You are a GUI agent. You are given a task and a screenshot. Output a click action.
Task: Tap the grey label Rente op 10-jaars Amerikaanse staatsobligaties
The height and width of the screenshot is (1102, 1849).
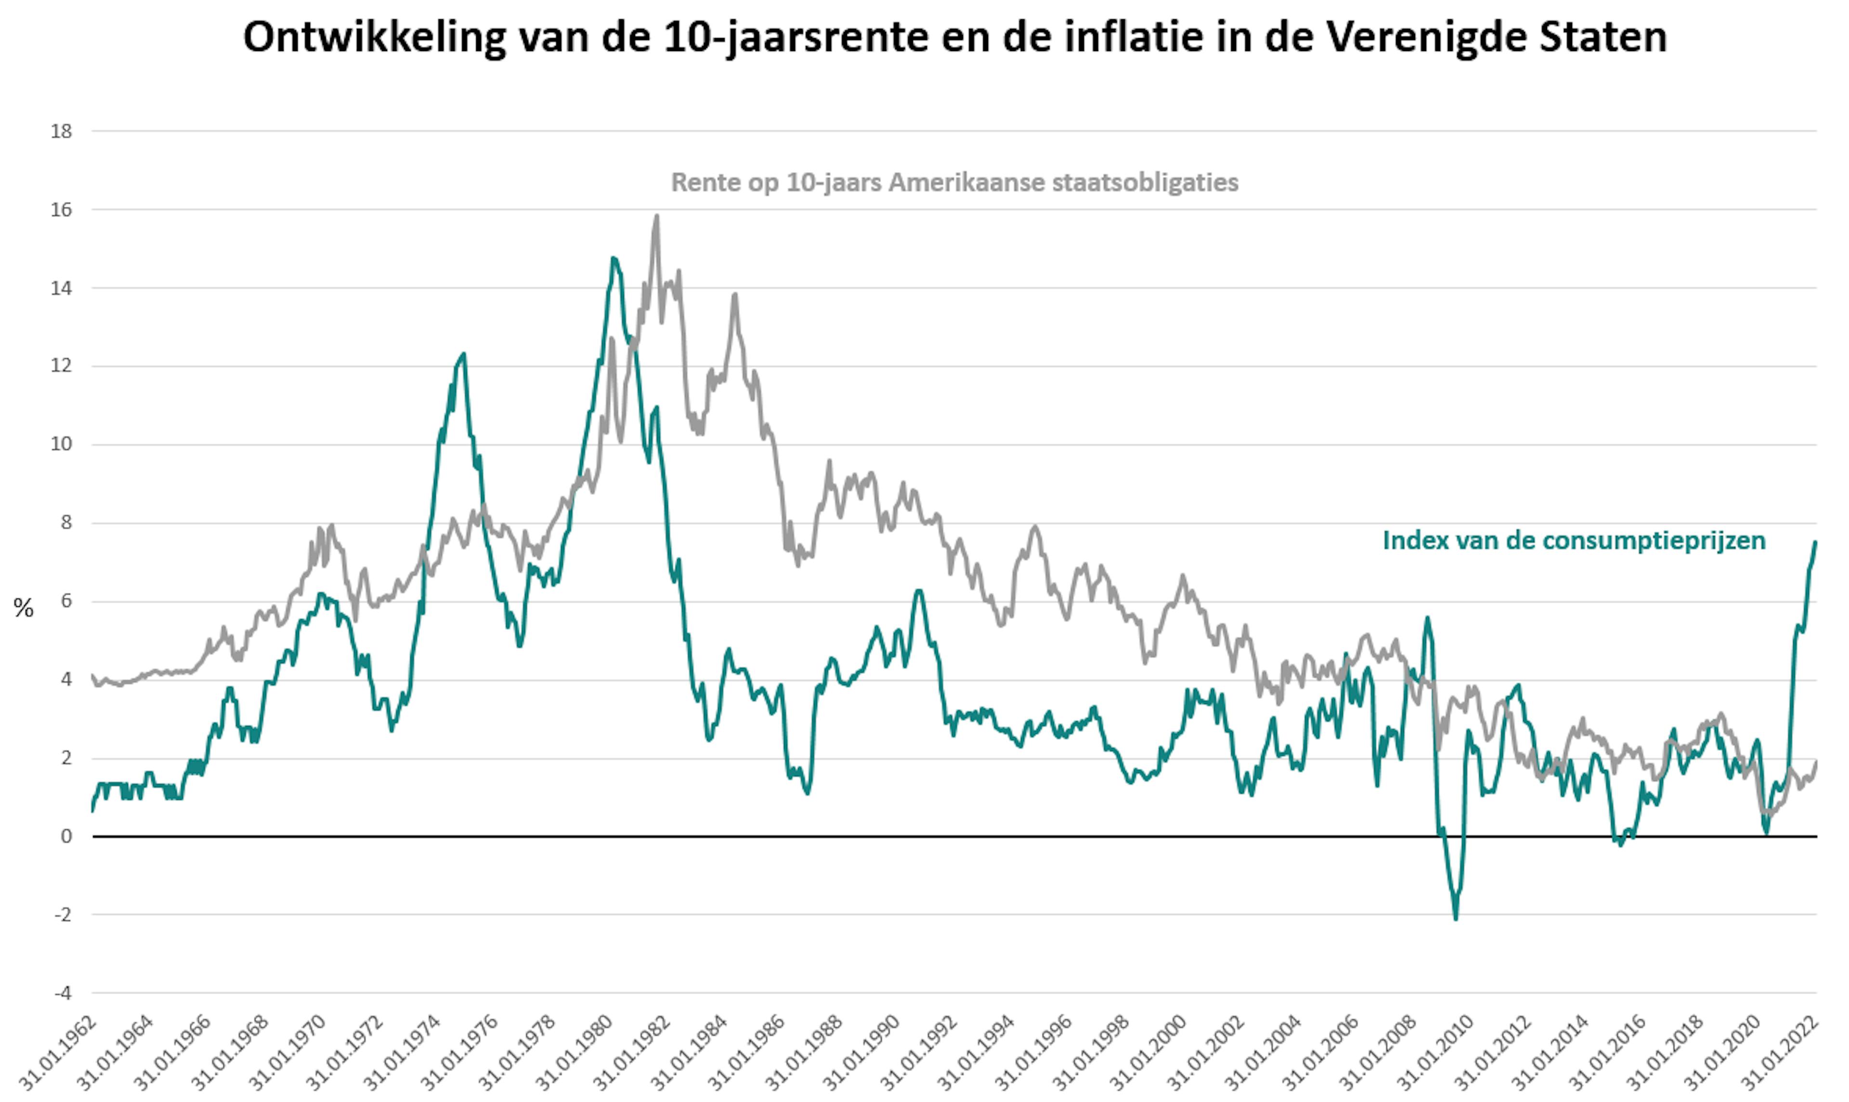pos(954,183)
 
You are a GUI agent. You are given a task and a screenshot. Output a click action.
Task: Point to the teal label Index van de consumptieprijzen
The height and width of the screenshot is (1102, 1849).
pos(1574,540)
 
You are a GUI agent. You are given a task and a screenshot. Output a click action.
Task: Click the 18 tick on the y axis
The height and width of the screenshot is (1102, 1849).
pos(62,132)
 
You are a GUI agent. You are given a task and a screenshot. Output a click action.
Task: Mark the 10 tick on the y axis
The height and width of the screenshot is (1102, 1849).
pos(62,445)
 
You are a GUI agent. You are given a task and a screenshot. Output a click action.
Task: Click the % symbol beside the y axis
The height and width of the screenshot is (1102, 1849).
pos(24,609)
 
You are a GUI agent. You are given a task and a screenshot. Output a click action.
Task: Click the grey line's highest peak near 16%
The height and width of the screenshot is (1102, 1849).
pos(657,216)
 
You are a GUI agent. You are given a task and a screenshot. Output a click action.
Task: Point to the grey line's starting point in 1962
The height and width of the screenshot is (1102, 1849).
pos(93,676)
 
